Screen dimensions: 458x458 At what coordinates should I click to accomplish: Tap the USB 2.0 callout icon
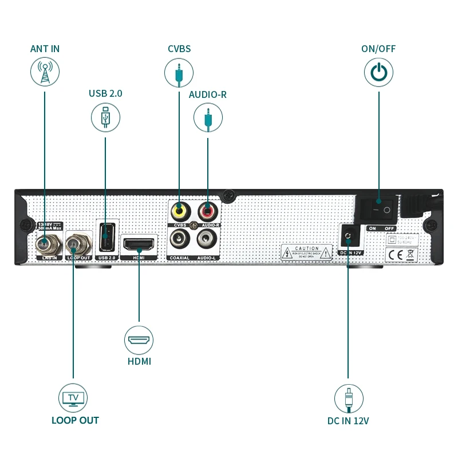105,116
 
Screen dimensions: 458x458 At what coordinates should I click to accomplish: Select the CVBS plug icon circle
179,73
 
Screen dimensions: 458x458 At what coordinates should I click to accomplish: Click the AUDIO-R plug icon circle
208,119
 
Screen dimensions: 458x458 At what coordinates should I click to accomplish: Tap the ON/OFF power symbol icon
378,73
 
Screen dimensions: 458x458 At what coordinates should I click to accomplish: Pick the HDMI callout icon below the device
139,339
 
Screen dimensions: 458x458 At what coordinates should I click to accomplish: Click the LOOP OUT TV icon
73,398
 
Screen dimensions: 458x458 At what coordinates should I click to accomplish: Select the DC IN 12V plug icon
349,398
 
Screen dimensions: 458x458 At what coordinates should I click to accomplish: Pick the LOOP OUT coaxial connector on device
74,245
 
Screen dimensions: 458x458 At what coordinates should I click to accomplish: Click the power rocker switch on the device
378,210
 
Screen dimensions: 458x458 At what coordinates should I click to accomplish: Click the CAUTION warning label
307,252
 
